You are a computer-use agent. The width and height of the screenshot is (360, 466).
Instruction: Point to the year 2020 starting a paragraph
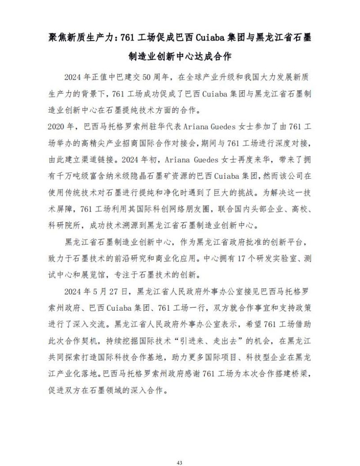click(x=57, y=126)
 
